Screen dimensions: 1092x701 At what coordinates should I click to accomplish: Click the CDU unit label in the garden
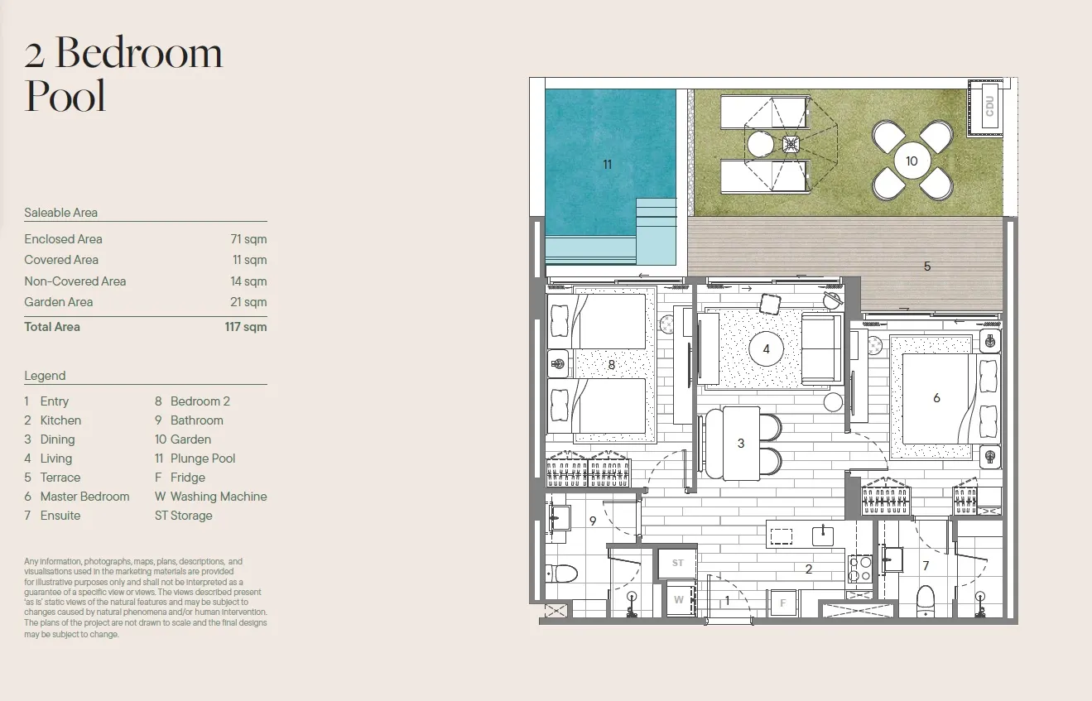pyautogui.click(x=989, y=106)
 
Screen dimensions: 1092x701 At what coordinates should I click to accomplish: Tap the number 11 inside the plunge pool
pyautogui.click(x=607, y=165)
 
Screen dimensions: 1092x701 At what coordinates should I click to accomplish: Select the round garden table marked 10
pyautogui.click(x=912, y=161)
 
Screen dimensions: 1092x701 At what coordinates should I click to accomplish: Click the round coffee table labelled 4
pyautogui.click(x=767, y=349)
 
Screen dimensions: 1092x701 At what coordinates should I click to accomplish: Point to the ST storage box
pyautogui.click(x=677, y=563)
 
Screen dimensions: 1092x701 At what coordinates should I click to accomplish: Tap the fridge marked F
pyautogui.click(x=783, y=603)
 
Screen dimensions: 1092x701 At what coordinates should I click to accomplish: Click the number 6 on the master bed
pyautogui.click(x=936, y=398)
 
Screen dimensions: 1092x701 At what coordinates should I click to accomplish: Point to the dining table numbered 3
pyautogui.click(x=741, y=444)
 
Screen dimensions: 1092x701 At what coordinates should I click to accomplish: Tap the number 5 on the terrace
pyautogui.click(x=927, y=266)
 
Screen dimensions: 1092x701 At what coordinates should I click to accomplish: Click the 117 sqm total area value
pyautogui.click(x=246, y=327)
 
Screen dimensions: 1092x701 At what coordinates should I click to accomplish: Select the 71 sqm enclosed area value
pyautogui.click(x=248, y=239)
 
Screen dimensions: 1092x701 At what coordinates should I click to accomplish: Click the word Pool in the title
pyautogui.click(x=65, y=95)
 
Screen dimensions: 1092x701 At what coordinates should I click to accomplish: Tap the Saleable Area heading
pyautogui.click(x=61, y=213)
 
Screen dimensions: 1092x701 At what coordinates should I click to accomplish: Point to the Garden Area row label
pyautogui.click(x=59, y=302)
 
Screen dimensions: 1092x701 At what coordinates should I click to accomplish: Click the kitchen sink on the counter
pyautogui.click(x=823, y=536)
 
